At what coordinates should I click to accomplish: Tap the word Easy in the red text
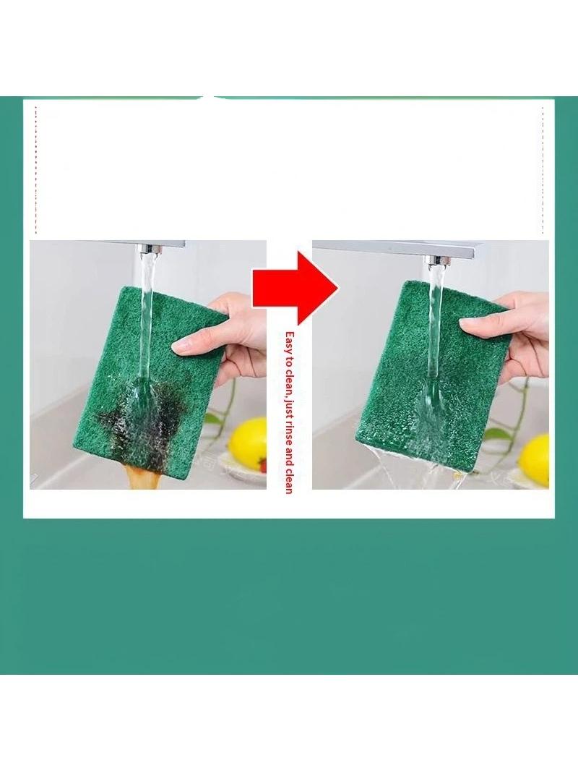(x=289, y=341)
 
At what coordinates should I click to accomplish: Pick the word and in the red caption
(x=289, y=463)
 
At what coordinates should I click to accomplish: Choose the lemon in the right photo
(x=534, y=460)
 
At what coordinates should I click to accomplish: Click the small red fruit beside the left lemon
(x=263, y=464)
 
